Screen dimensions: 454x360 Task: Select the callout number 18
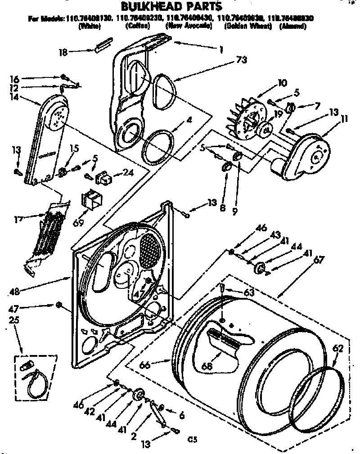63,52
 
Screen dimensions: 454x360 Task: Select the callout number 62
338,348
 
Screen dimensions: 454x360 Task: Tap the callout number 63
248,292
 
